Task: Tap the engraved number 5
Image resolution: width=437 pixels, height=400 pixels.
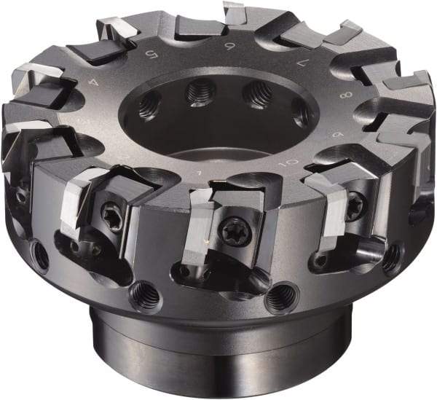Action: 152,53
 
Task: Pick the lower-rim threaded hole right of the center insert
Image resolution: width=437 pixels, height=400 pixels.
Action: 282,297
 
